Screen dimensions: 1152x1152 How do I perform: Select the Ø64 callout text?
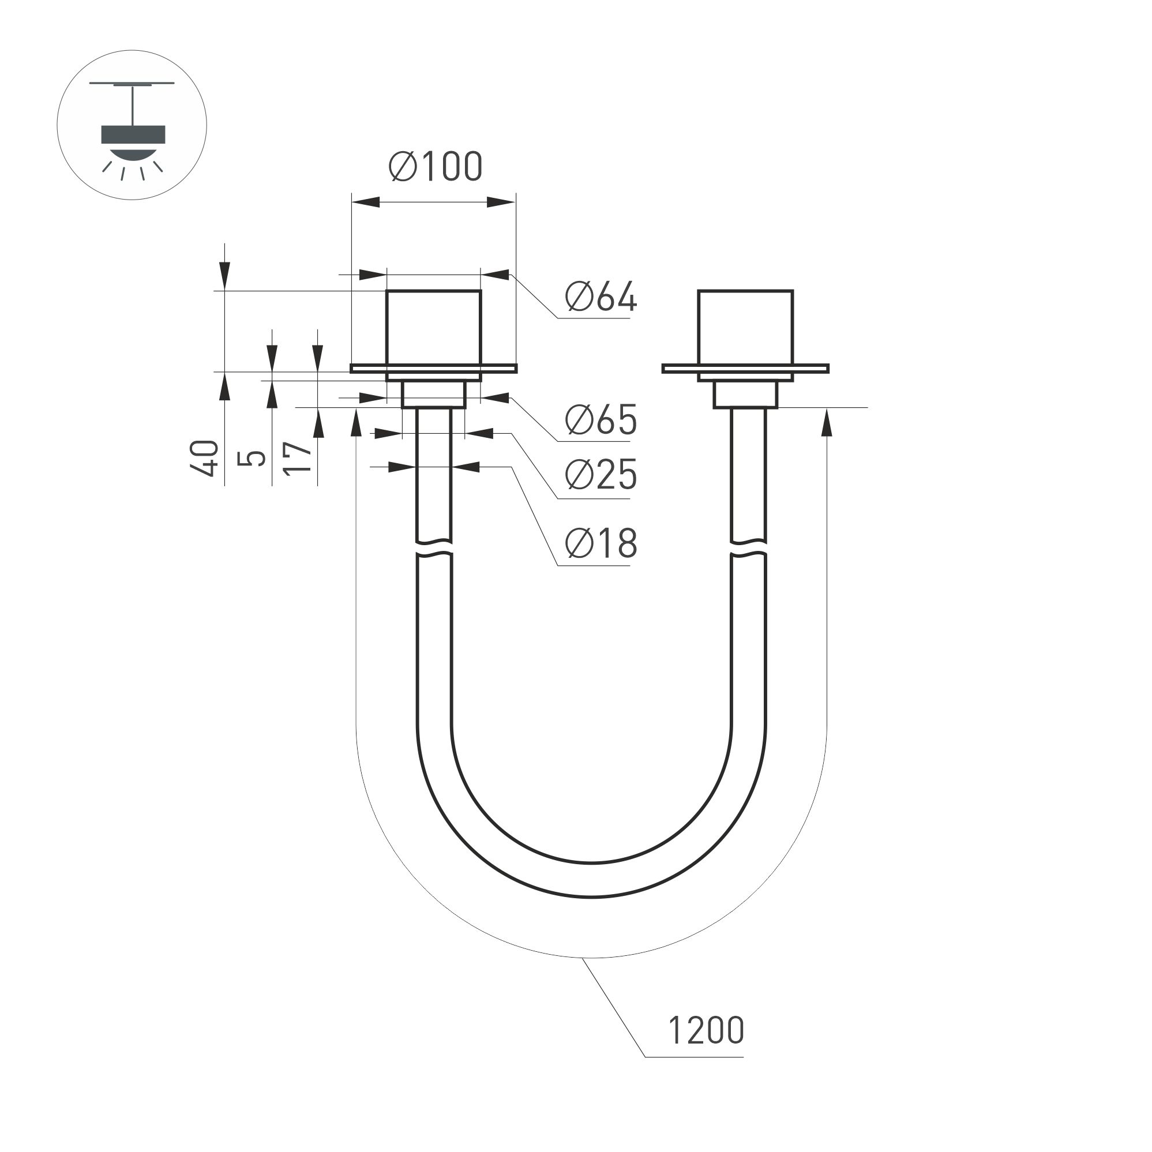(x=601, y=297)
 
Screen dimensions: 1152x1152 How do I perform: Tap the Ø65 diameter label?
(x=601, y=420)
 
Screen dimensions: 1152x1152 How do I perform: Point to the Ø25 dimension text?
(x=601, y=475)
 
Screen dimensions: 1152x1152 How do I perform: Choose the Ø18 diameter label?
(x=601, y=543)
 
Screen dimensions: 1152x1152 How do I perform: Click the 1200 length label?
(x=706, y=1030)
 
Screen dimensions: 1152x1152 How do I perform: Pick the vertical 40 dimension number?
(x=205, y=458)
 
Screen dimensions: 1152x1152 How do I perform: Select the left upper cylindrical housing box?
(x=433, y=327)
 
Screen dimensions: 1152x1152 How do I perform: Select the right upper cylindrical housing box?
(x=745, y=327)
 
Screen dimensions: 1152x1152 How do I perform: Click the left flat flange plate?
(x=433, y=369)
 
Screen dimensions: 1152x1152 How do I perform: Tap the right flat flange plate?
(x=745, y=369)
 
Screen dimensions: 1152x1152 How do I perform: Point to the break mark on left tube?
(x=434, y=549)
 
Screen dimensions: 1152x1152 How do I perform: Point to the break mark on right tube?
(x=748, y=549)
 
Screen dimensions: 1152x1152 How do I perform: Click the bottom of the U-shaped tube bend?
(x=591, y=880)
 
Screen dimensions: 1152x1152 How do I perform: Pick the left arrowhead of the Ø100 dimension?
(x=365, y=202)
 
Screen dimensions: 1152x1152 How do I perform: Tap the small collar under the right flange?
(x=746, y=395)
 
